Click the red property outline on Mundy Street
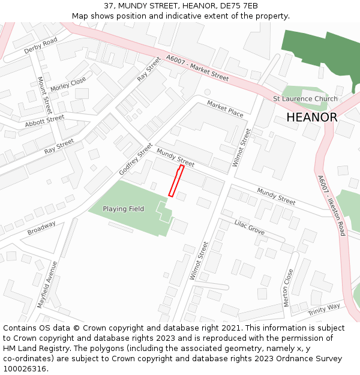[176, 181]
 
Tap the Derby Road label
[41, 46]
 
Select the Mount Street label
[44, 95]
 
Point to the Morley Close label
[68, 85]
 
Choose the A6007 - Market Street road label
[197, 68]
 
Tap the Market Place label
[225, 109]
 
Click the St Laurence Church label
[305, 99]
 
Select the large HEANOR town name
[311, 118]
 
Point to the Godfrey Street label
[136, 159]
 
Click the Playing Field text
[123, 209]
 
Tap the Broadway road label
[41, 228]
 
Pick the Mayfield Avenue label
[46, 284]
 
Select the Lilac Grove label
[249, 227]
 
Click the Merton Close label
[289, 287]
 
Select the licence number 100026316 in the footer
[25, 368]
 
